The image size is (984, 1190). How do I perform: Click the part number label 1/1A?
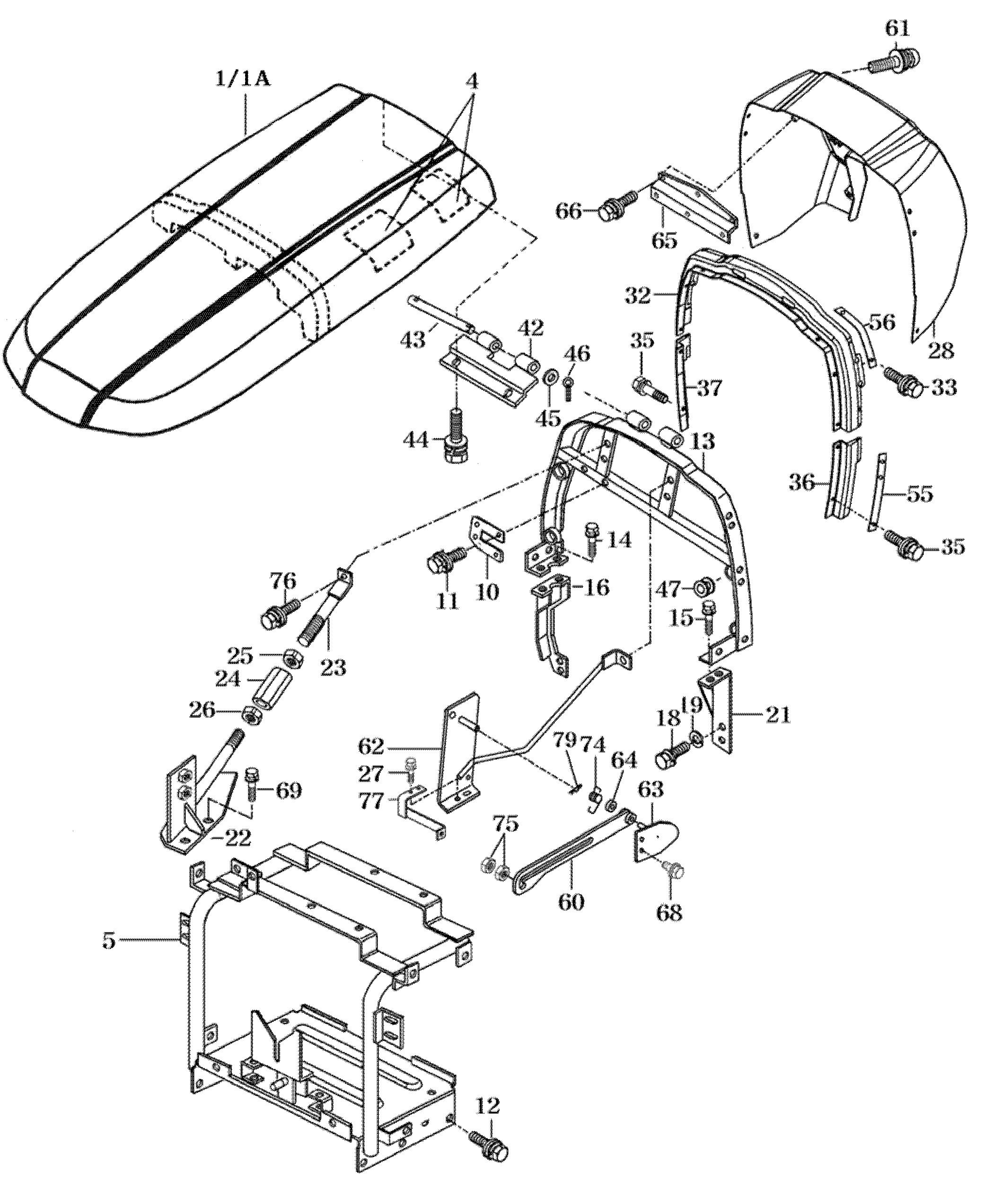point(243,78)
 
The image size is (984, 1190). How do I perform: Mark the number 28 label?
point(941,351)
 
